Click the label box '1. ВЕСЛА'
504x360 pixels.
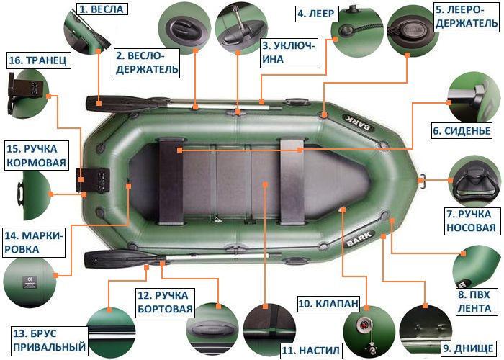[x=102, y=9]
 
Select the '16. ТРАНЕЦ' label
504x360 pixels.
[x=38, y=60]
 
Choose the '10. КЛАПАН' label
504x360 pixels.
[x=328, y=304]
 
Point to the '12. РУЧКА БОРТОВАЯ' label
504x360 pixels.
[x=165, y=302]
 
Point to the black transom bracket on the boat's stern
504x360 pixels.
[x=94, y=177]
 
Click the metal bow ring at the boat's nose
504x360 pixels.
[x=425, y=179]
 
